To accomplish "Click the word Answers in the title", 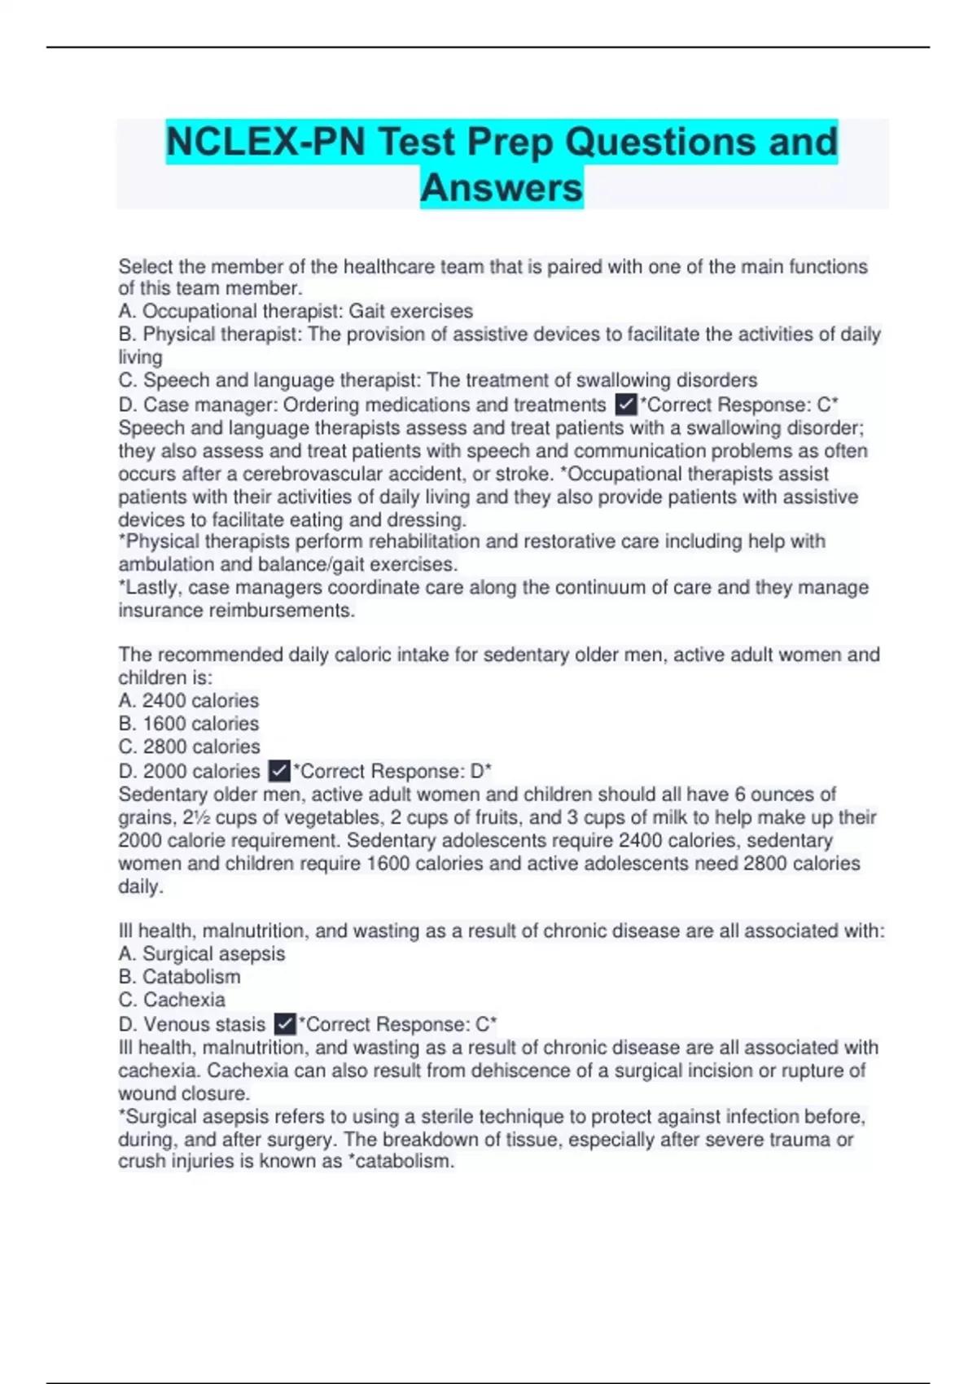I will coord(502,187).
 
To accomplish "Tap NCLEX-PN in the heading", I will coord(265,142).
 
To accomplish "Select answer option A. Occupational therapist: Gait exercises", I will coord(296,311).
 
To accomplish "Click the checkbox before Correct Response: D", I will coord(279,770).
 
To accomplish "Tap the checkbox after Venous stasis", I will coord(285,1023).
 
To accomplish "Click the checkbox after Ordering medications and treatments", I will coord(626,405).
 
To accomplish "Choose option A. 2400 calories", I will coord(189,700).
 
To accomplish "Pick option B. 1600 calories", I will coord(189,723).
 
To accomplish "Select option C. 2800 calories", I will coord(190,746).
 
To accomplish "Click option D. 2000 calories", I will coord(189,770).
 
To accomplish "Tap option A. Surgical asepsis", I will coord(202,953).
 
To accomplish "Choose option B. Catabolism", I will coord(179,976).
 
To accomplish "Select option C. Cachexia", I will coord(172,999).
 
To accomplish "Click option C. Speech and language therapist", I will coord(438,380).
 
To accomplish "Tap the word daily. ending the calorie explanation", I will coord(141,886).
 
